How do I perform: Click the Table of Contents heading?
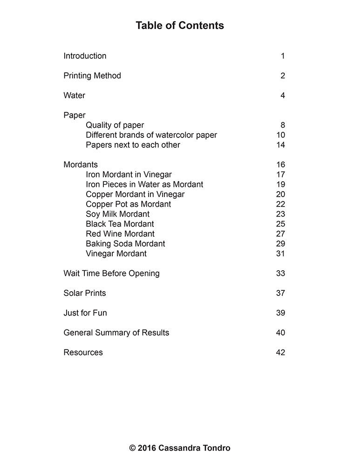tap(180, 26)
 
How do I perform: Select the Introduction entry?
tap(85, 56)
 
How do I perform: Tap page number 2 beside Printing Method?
tap(283, 76)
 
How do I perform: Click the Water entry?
tap(75, 96)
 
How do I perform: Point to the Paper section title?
tap(75, 115)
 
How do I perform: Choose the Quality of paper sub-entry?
tap(115, 125)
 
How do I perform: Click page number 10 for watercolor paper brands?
tap(280, 135)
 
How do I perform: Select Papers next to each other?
tap(133, 145)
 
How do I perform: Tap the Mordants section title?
tap(81, 164)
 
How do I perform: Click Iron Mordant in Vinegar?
tap(129, 175)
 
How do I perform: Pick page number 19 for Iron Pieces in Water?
tap(280, 185)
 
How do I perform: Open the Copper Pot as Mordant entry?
tap(128, 204)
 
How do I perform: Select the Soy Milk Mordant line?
tap(117, 214)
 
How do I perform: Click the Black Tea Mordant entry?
tap(120, 224)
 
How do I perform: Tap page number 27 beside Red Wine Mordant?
tap(280, 234)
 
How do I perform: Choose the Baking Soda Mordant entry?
tap(125, 244)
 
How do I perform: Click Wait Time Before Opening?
tap(111, 274)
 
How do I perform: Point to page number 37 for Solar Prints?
tap(280, 293)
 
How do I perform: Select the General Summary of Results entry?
tap(116, 333)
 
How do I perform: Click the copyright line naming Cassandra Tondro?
tap(180, 448)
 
